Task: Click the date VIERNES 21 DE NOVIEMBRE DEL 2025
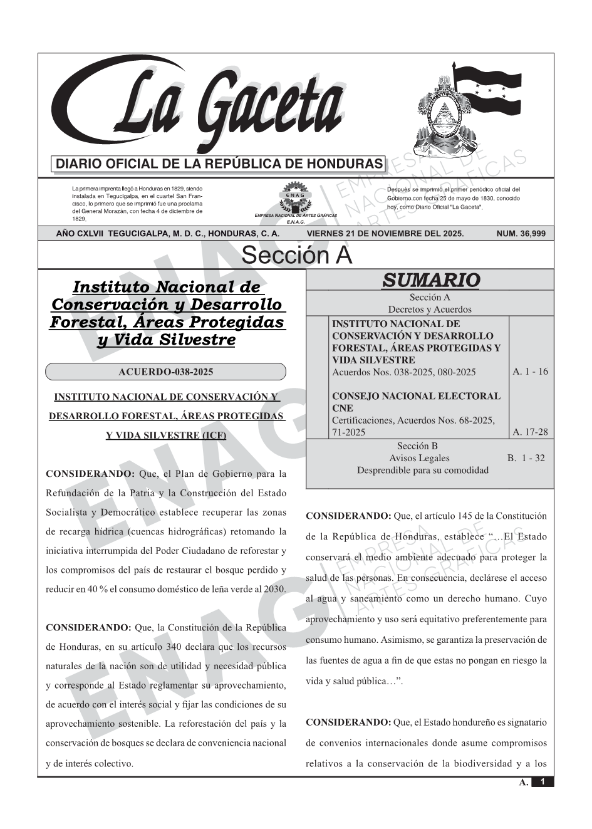point(385,234)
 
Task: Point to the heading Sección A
point(296,256)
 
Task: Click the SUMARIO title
point(430,280)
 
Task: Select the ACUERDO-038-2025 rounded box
point(165,372)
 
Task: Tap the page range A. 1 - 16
point(530,372)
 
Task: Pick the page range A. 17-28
point(530,432)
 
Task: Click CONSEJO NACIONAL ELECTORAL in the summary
point(416,396)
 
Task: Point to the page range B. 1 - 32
point(526,458)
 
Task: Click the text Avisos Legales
point(419,458)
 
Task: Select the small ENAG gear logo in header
point(295,196)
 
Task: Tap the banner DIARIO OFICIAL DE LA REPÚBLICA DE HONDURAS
point(219,164)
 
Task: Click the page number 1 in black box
point(543,782)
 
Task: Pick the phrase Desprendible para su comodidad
point(423,470)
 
